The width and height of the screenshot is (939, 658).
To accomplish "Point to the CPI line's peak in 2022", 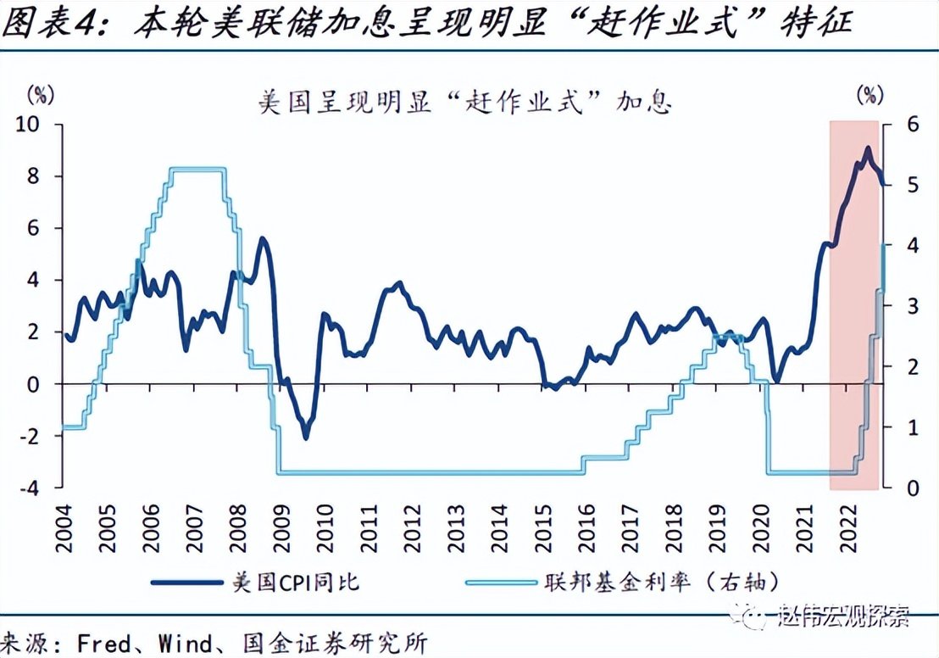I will (867, 148).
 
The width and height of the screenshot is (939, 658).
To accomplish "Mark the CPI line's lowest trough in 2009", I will (306, 437).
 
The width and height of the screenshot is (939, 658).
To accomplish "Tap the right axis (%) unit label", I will (869, 93).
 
